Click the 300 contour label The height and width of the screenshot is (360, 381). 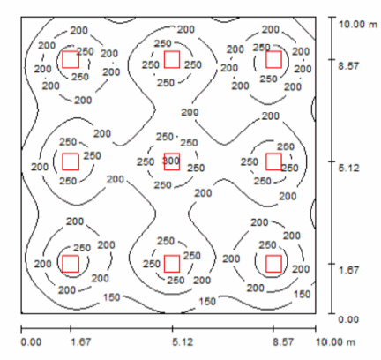(x=171, y=161)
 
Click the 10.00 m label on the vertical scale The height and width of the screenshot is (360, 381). (x=358, y=24)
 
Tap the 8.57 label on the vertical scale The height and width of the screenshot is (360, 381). (x=348, y=65)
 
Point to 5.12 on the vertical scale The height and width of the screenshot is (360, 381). (x=348, y=168)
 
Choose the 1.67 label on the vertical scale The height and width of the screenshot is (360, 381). (x=348, y=270)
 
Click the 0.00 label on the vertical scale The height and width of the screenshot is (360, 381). (x=348, y=319)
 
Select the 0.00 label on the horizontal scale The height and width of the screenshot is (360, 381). (x=31, y=342)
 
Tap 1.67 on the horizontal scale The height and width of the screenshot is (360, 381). (x=80, y=342)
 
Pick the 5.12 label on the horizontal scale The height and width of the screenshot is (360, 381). (x=183, y=342)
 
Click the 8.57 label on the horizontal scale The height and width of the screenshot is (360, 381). (x=283, y=342)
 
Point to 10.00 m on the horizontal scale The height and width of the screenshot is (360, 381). (x=335, y=342)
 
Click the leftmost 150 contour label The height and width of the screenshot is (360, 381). (x=112, y=297)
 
